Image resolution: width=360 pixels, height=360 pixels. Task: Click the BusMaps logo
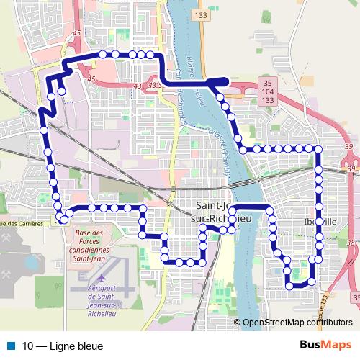[x=325, y=346]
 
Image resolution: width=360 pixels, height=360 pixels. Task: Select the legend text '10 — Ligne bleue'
[x=63, y=346]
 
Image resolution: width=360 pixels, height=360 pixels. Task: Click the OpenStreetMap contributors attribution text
[x=297, y=323]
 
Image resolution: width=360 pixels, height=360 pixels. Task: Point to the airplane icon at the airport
[x=99, y=278]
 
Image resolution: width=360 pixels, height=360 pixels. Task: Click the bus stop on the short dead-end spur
[x=62, y=91]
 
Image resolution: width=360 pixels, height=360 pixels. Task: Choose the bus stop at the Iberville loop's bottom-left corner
[x=289, y=285]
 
